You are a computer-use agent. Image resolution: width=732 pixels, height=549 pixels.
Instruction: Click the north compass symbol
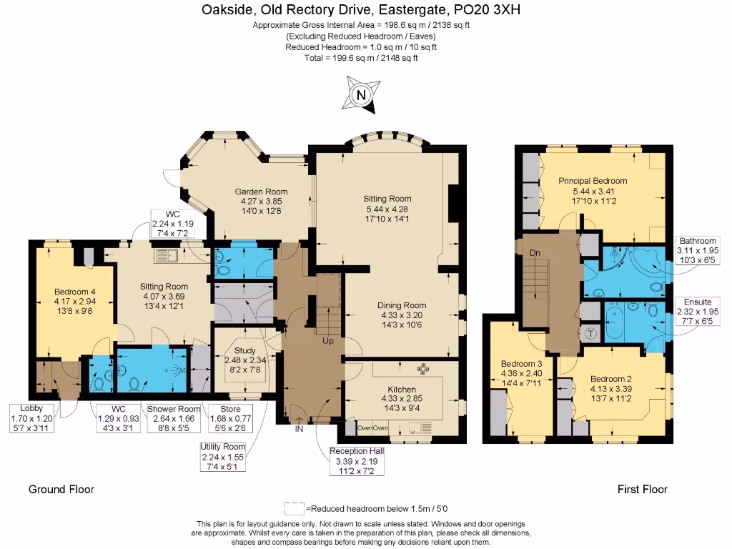(x=361, y=96)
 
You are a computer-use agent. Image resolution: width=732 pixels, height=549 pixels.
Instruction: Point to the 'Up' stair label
(x=328, y=342)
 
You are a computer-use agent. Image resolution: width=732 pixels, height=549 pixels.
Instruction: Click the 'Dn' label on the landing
(x=534, y=253)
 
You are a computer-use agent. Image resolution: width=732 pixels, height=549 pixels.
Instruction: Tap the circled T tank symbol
(x=591, y=332)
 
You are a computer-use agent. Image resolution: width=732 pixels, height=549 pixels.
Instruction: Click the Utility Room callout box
(x=223, y=457)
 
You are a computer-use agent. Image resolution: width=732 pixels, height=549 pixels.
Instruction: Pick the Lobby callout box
(x=31, y=418)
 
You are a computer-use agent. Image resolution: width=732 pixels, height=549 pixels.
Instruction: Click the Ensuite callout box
(x=698, y=312)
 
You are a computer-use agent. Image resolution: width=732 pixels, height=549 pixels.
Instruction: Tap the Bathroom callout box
(x=698, y=251)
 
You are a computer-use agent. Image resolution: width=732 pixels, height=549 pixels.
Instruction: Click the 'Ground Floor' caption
(x=61, y=490)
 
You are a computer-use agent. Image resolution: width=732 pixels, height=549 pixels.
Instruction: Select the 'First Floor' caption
(x=643, y=490)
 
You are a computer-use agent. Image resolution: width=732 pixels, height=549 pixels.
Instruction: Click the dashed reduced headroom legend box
(x=295, y=509)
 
